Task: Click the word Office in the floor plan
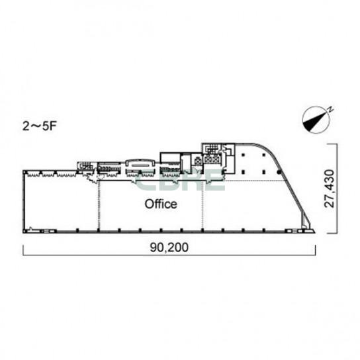tap(161, 204)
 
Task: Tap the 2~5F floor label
tap(39, 126)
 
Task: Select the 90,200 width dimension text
tap(169, 247)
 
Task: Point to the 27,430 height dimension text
tap(330, 188)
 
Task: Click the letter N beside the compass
tap(330, 109)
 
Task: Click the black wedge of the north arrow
tap(314, 122)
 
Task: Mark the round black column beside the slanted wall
tap(279, 172)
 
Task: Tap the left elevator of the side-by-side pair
tap(208, 159)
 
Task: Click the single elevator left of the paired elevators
tap(197, 161)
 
